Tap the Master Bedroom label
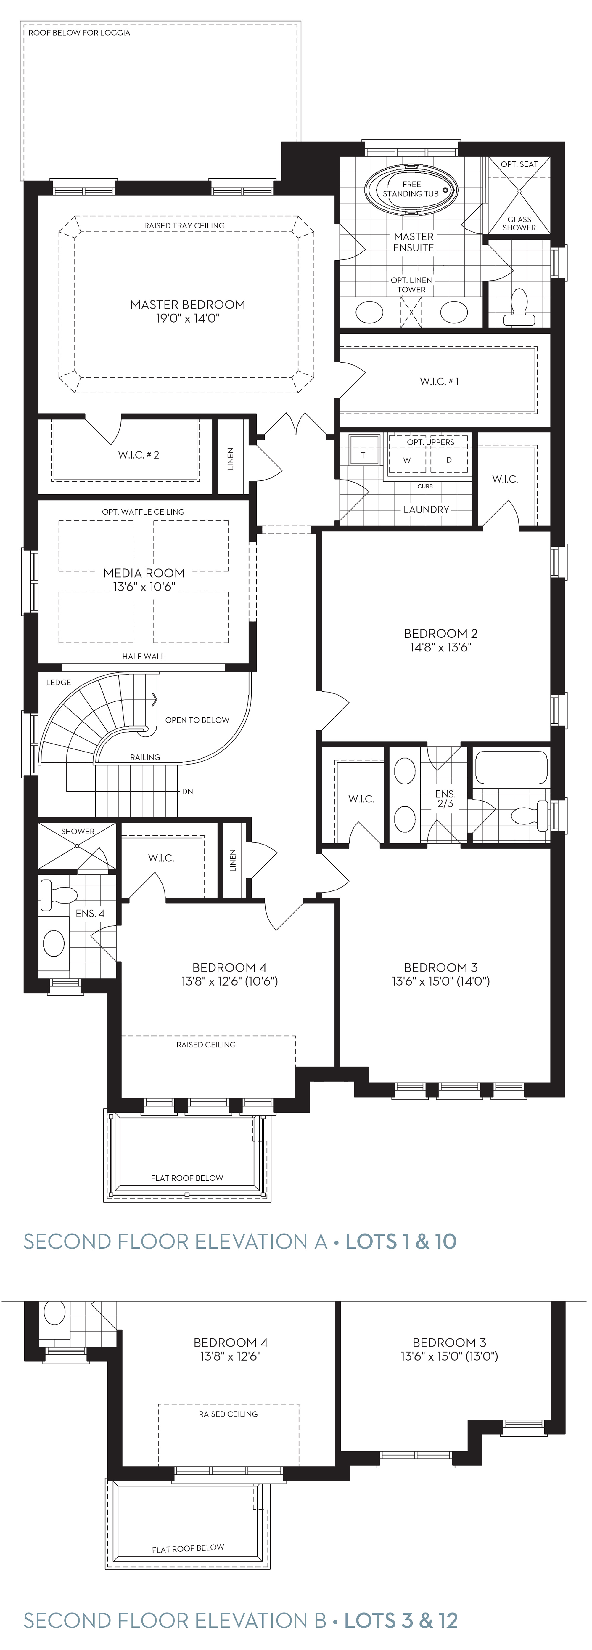tap(188, 305)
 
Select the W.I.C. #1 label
tap(439, 381)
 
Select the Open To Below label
tap(197, 720)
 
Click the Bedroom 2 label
tap(441, 633)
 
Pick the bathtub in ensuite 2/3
tap(510, 767)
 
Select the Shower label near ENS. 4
tap(78, 832)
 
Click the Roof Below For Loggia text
tap(79, 33)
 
